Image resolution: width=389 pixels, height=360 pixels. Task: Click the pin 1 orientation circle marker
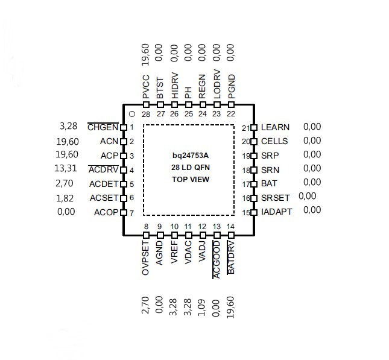click(x=132, y=114)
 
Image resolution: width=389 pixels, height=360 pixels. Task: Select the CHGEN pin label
click(x=103, y=127)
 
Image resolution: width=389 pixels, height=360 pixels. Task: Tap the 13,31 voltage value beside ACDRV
click(x=66, y=168)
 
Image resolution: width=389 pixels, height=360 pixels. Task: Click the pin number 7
click(x=131, y=213)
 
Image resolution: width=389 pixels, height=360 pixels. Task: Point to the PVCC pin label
click(x=146, y=87)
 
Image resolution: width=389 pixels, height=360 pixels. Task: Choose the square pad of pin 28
click(x=146, y=105)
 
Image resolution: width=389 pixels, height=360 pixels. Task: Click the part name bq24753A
click(x=191, y=156)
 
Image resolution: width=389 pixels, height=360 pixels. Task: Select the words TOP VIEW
click(x=191, y=179)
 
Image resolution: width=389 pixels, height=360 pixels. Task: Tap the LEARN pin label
click(x=275, y=127)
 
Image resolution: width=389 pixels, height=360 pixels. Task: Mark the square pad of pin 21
click(x=254, y=127)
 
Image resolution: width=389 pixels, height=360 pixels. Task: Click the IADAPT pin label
click(x=277, y=212)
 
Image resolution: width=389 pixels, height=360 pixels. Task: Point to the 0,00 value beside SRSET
click(x=307, y=196)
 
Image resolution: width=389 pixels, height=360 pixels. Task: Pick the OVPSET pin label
click(x=145, y=257)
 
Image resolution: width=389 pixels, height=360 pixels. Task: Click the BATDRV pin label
click(x=231, y=257)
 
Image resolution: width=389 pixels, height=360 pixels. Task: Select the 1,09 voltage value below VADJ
click(x=201, y=308)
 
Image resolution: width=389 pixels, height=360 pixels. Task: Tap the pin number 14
click(x=230, y=227)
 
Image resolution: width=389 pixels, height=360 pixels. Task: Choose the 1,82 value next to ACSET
click(x=65, y=198)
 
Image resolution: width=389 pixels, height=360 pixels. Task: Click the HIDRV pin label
click(x=175, y=86)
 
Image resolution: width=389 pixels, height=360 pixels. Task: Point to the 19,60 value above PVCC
click(x=145, y=55)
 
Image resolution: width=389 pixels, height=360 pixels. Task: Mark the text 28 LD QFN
click(x=191, y=168)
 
